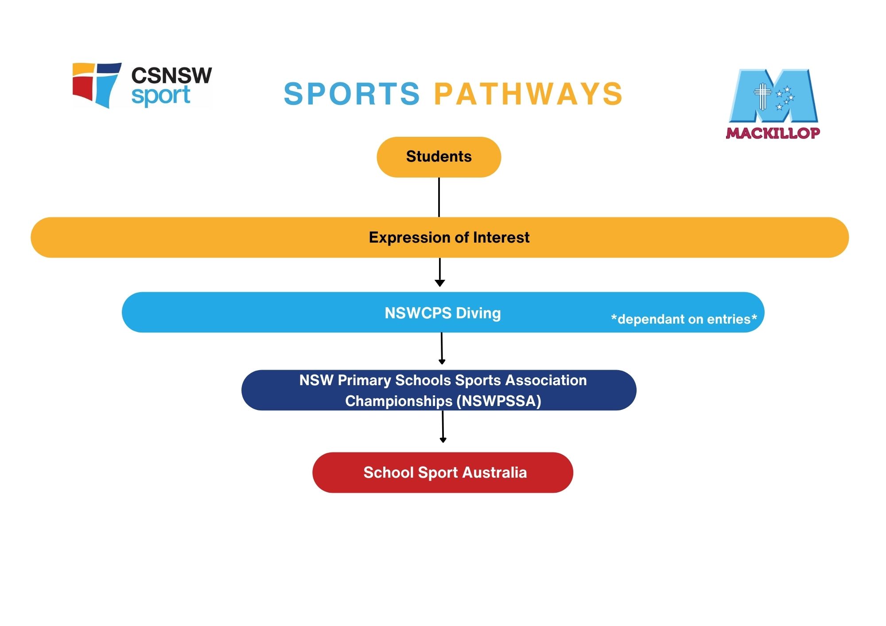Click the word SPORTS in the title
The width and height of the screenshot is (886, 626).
click(352, 94)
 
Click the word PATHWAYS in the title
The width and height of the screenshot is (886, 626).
click(528, 94)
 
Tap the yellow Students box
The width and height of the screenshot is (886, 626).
click(439, 157)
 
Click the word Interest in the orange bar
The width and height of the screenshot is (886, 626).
click(501, 238)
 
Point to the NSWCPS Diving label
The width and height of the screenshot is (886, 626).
click(443, 313)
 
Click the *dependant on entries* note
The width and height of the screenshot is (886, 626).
click(684, 319)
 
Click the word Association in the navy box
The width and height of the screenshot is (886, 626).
click(546, 380)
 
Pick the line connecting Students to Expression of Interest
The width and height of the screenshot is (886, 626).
click(439, 197)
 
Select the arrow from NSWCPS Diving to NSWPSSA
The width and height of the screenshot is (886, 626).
click(442, 350)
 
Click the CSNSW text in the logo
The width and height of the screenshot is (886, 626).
click(171, 76)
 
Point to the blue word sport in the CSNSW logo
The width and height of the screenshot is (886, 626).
click(160, 96)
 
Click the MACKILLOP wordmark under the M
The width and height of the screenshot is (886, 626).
click(773, 133)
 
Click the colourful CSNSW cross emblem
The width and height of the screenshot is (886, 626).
click(97, 85)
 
